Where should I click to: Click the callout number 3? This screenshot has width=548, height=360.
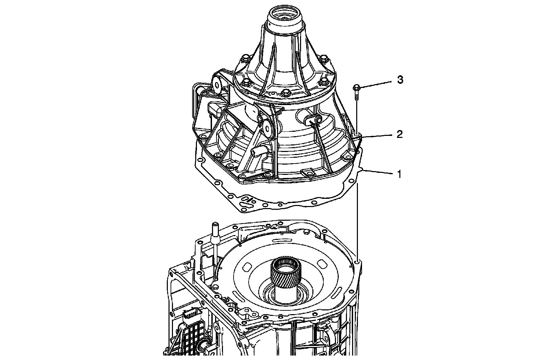click(400, 80)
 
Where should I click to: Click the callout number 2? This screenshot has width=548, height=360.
click(399, 134)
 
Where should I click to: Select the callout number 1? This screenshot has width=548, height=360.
click(399, 174)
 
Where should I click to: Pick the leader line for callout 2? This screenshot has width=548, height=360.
click(377, 136)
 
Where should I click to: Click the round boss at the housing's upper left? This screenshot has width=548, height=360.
click(217, 84)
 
